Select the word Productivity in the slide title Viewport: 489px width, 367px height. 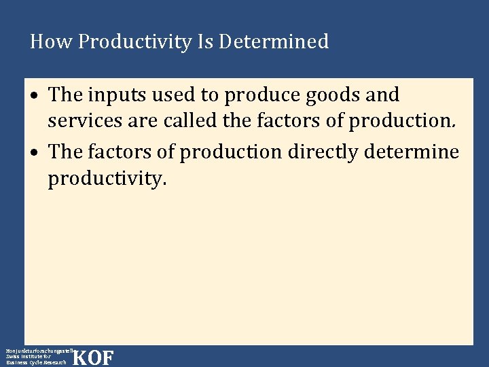coord(134,43)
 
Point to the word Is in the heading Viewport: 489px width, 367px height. coord(204,42)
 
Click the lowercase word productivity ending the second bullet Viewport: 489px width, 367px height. coord(107,181)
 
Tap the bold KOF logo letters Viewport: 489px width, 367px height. coord(93,357)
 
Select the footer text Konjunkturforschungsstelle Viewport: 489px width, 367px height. coord(37,349)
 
